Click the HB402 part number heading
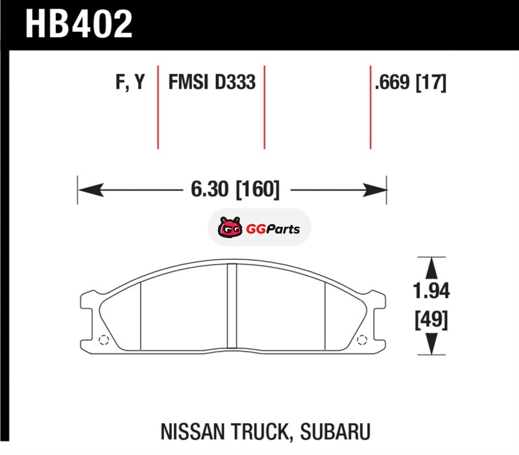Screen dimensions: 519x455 click(78, 24)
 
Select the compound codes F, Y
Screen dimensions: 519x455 click(130, 82)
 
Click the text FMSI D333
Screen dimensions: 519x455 click(212, 82)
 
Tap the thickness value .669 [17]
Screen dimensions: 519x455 click(411, 82)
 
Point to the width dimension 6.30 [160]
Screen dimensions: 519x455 click(235, 189)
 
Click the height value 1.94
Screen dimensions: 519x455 click(431, 291)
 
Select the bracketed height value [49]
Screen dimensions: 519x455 click(431, 320)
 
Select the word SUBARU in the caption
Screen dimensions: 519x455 click(335, 431)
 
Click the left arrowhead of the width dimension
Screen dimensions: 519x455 click(90, 190)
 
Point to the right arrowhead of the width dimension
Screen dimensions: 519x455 click(375, 190)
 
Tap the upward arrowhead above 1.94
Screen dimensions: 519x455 click(431, 268)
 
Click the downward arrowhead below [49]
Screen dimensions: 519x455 click(431, 344)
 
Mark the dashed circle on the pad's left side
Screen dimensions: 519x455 click(104, 340)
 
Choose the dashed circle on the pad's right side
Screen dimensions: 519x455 click(362, 340)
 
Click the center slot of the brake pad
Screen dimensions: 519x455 click(232, 306)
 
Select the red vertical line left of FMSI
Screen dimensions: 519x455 click(158, 108)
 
